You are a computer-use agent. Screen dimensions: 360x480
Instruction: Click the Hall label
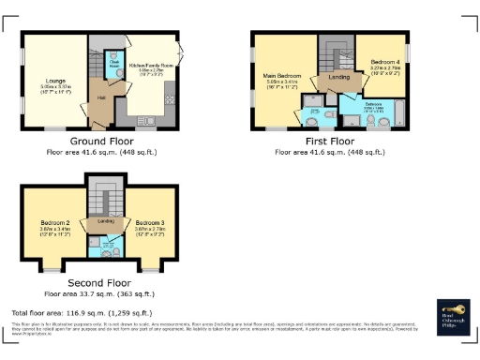pyautogui.click(x=98, y=98)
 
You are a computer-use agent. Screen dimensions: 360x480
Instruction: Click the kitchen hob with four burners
pyautogui.click(x=170, y=94)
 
